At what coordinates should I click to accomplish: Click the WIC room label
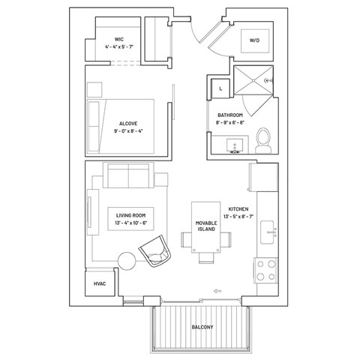(118, 38)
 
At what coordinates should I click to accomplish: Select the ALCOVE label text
(127, 123)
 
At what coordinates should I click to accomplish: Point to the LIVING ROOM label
(130, 215)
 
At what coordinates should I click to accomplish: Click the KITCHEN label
(238, 209)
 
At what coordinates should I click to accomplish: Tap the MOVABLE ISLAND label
(205, 225)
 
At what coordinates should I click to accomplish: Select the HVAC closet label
(98, 284)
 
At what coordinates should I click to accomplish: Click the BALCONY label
(202, 327)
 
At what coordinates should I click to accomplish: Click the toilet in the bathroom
(263, 139)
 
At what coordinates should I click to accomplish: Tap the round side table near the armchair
(127, 261)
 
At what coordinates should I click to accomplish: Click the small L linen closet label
(220, 88)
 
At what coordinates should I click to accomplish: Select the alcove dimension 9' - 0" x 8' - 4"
(127, 131)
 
